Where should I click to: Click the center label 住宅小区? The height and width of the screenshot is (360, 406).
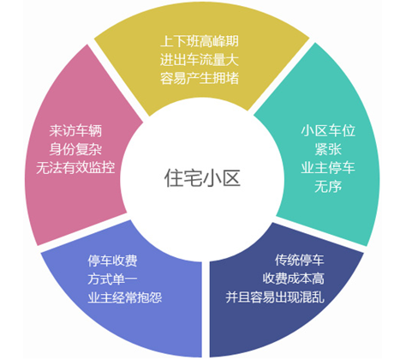click(202, 178)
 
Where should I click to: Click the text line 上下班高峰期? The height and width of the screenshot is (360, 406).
click(200, 41)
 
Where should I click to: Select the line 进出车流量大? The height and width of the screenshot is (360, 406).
click(200, 60)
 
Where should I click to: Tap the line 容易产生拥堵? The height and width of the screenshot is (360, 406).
click(200, 78)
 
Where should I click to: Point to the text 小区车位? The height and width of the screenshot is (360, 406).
click(328, 130)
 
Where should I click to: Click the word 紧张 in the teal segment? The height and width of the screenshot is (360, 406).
click(328, 149)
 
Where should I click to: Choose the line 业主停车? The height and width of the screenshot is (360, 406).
click(328, 167)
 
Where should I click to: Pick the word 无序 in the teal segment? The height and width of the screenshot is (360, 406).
click(328, 187)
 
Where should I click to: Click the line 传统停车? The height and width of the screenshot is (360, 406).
click(300, 260)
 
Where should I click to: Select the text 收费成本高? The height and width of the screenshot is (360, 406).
click(294, 279)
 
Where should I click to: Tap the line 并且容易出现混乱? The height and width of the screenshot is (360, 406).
click(275, 297)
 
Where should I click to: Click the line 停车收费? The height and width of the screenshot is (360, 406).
click(112, 261)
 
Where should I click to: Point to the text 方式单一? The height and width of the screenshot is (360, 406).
click(112, 279)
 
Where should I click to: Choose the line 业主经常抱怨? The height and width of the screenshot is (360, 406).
click(125, 297)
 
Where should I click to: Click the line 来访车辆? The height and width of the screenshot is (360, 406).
click(75, 131)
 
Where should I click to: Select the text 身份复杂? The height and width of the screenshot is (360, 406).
click(75, 149)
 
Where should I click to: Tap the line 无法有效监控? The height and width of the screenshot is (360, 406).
click(75, 168)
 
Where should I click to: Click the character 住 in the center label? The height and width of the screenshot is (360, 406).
click(174, 178)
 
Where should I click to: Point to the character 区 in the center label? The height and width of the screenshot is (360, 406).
click(231, 178)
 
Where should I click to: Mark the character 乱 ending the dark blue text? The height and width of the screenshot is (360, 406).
click(319, 297)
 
